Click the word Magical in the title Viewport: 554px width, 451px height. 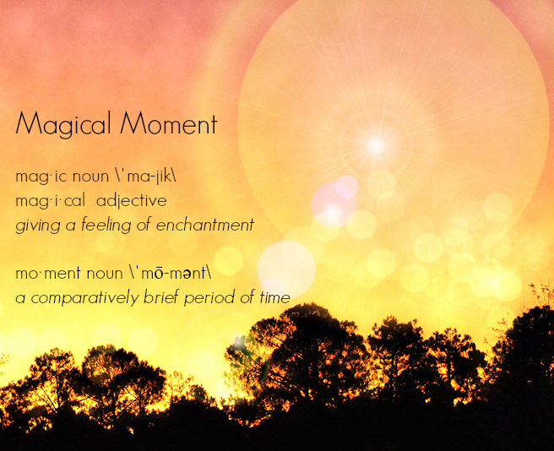tap(62, 124)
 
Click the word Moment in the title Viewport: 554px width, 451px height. tap(169, 122)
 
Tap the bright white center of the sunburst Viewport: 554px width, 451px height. tap(376, 145)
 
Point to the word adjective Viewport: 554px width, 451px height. tap(132, 201)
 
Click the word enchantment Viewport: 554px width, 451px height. tap(205, 225)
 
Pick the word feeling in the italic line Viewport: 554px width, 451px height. tap(106, 225)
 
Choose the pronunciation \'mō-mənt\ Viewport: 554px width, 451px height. tap(166, 273)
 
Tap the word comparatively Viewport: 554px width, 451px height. tap(84, 298)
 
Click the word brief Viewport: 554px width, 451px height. tap(160, 297)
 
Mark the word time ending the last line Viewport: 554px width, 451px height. tap(274, 297)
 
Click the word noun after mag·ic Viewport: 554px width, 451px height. tap(91, 177)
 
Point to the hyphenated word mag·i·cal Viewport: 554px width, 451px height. tap(50, 202)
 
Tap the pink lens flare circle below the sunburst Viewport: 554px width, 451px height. tap(334, 204)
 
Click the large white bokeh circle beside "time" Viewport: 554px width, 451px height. tap(286, 270)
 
